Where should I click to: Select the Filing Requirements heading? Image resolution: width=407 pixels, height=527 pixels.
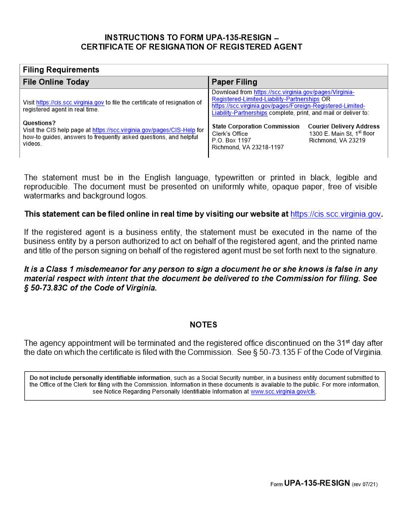[61, 70]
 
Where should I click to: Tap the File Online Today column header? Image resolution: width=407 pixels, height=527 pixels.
[56, 82]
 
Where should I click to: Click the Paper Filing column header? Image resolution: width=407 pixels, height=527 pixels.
[234, 82]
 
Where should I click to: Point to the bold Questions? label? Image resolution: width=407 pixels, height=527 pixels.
[39, 123]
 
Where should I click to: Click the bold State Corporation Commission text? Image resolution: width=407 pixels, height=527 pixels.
[255, 126]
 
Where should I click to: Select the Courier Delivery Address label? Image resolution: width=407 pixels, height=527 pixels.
[344, 126]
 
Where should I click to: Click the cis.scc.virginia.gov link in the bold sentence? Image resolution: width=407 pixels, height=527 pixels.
[335, 214]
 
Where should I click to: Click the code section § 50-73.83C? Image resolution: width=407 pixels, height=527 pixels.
[47, 288]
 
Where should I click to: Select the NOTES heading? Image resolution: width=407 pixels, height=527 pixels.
[203, 325]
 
